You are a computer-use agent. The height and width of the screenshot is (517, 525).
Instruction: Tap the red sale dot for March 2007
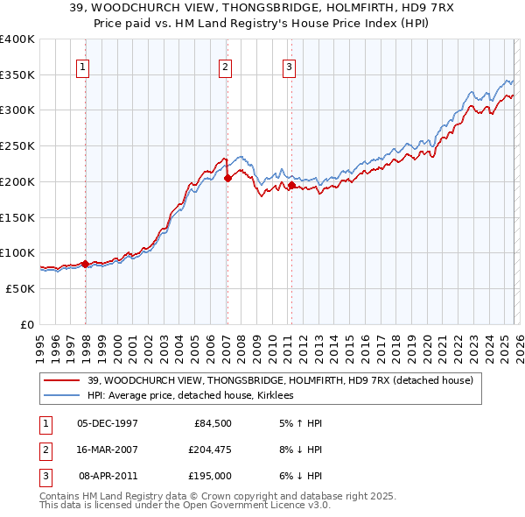coord(227,178)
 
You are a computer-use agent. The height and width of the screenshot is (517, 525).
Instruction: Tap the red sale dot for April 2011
coord(291,185)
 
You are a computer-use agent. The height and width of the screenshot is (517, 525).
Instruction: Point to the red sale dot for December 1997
coord(85,263)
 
